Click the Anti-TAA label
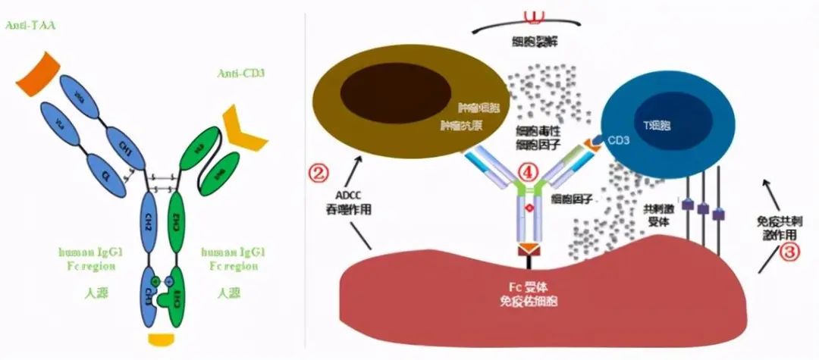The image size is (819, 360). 30,26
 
